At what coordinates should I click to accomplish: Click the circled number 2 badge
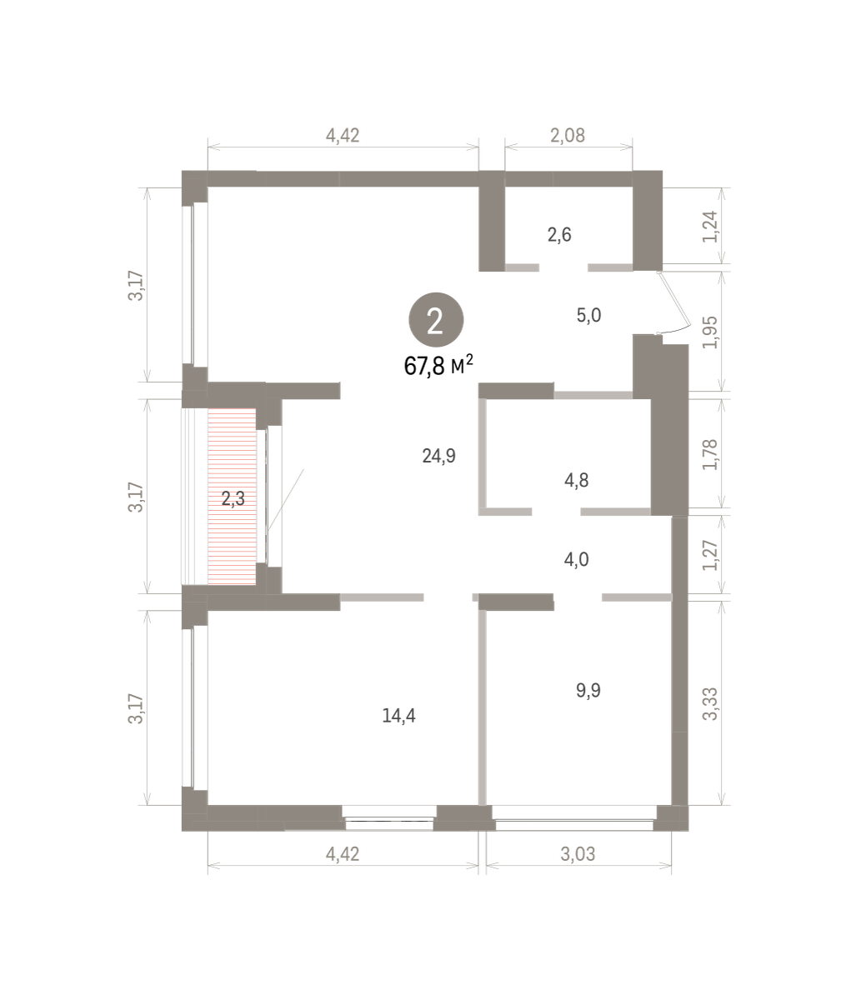click(x=436, y=319)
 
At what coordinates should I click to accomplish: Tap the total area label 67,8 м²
click(x=438, y=366)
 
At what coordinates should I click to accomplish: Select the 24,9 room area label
click(x=438, y=456)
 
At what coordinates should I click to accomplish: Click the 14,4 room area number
click(x=398, y=715)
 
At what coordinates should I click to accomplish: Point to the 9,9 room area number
click(x=588, y=690)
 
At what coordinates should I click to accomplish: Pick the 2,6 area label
click(x=559, y=235)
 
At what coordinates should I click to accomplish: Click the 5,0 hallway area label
click(x=588, y=315)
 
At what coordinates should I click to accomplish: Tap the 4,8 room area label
click(x=576, y=480)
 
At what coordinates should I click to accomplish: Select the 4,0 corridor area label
click(x=576, y=559)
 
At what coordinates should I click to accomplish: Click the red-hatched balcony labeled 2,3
click(x=233, y=497)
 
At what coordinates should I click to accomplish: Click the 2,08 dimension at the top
click(x=568, y=136)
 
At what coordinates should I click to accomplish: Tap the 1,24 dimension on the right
click(x=711, y=227)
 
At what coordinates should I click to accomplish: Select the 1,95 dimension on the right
click(x=711, y=332)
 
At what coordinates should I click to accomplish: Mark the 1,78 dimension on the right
click(x=711, y=455)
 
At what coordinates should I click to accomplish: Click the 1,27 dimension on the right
click(x=711, y=555)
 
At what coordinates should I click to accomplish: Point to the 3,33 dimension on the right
click(x=711, y=704)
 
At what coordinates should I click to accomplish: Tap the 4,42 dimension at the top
click(x=343, y=136)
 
